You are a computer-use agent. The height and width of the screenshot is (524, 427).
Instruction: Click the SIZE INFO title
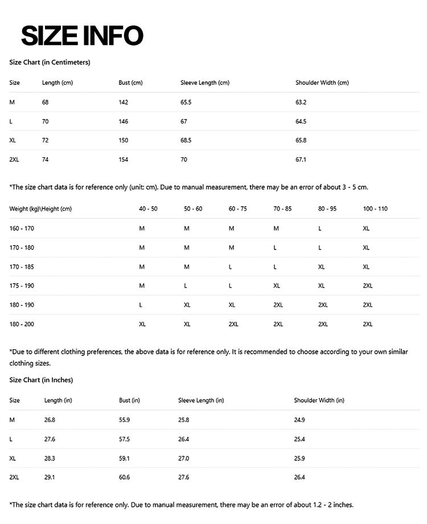tap(82, 35)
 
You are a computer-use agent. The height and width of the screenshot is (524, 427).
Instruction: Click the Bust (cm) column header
tap(130, 83)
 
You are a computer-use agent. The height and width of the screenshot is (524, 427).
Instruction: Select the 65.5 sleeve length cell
tap(186, 103)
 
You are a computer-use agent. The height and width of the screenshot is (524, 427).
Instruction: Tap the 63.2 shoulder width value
tap(301, 103)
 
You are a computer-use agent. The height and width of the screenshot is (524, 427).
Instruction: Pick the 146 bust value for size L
tap(124, 121)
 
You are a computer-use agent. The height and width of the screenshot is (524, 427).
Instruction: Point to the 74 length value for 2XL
tap(46, 159)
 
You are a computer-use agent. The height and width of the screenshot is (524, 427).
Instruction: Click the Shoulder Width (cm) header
tap(322, 83)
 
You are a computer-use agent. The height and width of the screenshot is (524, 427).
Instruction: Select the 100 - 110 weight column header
tap(375, 209)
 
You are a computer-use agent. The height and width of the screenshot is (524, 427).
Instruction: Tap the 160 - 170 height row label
tap(22, 228)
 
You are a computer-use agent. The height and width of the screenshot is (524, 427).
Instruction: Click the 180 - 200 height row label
tap(22, 324)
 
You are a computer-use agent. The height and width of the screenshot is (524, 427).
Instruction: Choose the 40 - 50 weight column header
tap(148, 209)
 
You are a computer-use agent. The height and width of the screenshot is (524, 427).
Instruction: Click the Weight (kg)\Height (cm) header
tap(40, 209)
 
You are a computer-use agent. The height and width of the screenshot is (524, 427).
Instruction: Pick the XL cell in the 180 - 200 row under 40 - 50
tap(142, 324)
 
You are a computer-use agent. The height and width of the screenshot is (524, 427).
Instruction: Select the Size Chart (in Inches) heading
tap(41, 380)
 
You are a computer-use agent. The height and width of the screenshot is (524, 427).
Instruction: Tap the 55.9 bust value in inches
tap(124, 420)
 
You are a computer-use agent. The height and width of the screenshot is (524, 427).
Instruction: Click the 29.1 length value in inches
tap(50, 477)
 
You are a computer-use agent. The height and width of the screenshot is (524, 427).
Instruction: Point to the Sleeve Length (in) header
tap(201, 400)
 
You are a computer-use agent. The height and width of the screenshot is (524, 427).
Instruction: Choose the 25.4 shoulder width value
tap(299, 439)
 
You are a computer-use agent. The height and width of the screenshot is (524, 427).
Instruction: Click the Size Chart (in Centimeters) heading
tap(50, 62)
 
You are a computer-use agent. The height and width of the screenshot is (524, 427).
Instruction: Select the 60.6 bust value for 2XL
tap(124, 477)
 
